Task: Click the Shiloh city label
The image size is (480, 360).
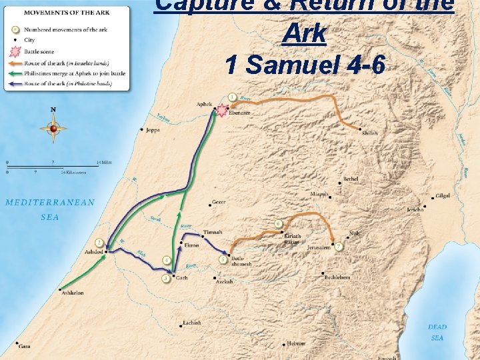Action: click(x=369, y=133)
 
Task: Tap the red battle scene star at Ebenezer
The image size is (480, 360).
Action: click(x=221, y=111)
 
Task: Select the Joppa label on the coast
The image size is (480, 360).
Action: click(x=153, y=130)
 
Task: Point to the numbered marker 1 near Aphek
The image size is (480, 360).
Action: click(x=231, y=97)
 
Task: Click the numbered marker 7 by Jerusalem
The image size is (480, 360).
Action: click(x=339, y=247)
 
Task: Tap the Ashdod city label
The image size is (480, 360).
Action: click(x=94, y=252)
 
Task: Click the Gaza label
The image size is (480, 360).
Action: click(x=25, y=347)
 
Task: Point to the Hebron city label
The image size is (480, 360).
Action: click(x=296, y=343)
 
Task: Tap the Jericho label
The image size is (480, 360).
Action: click(x=415, y=209)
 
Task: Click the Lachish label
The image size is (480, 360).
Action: click(x=191, y=323)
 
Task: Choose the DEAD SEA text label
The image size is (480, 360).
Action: click(x=437, y=332)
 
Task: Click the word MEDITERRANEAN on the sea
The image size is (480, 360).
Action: click(x=50, y=202)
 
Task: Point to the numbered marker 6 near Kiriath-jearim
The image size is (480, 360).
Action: click(x=278, y=223)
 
